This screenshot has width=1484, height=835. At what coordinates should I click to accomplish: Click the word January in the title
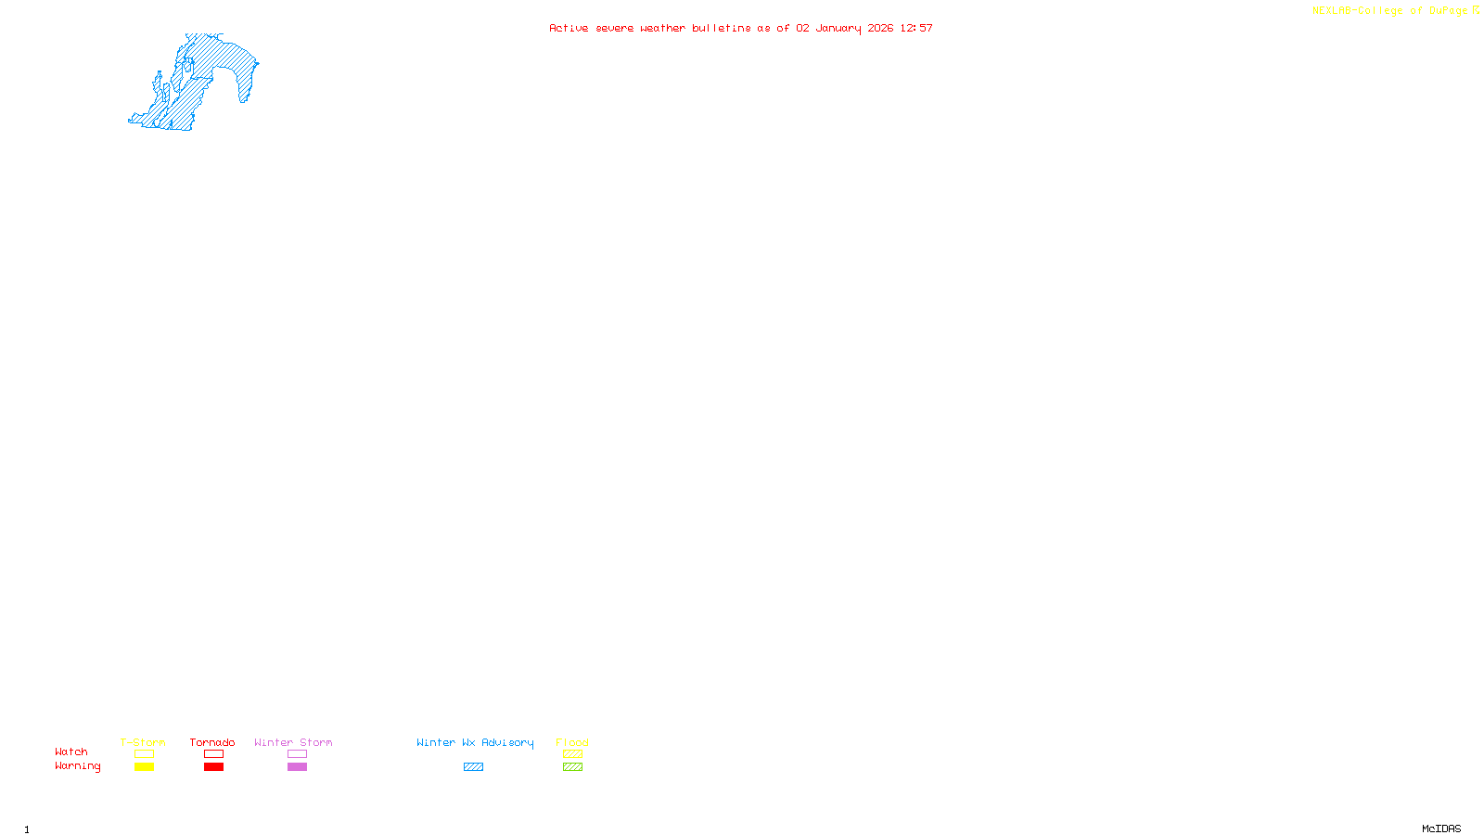pyautogui.click(x=838, y=28)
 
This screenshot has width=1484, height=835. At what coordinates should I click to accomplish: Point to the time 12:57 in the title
pyautogui.click(x=916, y=28)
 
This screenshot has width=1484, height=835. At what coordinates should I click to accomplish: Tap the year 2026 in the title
pyautogui.click(x=881, y=28)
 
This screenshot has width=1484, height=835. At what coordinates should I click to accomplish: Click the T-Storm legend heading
pyautogui.click(x=143, y=742)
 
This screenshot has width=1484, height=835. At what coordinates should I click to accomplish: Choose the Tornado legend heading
pyautogui.click(x=212, y=742)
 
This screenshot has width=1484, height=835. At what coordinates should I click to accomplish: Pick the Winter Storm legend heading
pyautogui.click(x=293, y=742)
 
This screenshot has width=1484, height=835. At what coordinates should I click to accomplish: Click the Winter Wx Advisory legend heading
pyautogui.click(x=475, y=742)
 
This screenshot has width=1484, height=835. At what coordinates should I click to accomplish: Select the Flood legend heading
pyautogui.click(x=572, y=742)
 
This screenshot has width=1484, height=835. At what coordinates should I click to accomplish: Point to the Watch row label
pyautogui.click(x=71, y=751)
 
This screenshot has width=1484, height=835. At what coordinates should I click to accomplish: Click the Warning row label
pyautogui.click(x=78, y=766)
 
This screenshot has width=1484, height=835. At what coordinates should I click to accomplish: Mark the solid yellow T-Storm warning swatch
pyautogui.click(x=144, y=767)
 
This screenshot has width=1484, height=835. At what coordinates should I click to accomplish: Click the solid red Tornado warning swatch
pyautogui.click(x=213, y=767)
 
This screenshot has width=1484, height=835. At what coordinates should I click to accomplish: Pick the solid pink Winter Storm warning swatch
pyautogui.click(x=297, y=767)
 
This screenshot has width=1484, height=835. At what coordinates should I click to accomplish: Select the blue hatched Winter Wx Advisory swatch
pyautogui.click(x=473, y=767)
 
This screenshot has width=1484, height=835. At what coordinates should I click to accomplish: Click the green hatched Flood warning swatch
pyautogui.click(x=572, y=767)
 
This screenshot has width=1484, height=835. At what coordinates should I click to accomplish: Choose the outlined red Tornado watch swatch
pyautogui.click(x=213, y=754)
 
